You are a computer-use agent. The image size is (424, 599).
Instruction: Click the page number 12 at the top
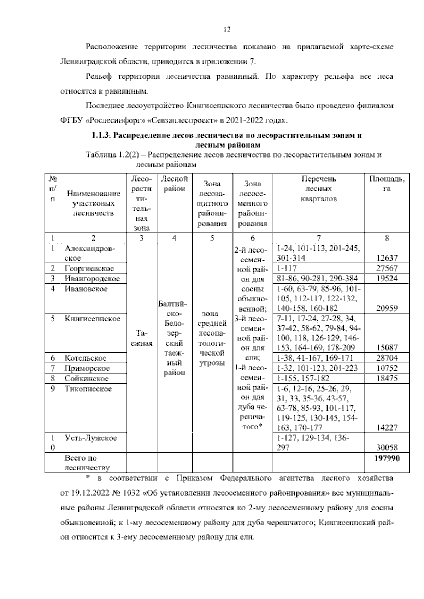(227, 30)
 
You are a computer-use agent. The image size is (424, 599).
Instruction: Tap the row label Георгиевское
(89, 268)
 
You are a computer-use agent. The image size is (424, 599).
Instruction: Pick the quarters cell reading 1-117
(287, 268)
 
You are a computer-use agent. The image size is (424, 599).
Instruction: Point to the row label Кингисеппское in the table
(92, 319)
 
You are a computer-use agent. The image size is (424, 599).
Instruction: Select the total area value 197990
(387, 458)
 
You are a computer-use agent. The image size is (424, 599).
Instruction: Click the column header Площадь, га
(387, 184)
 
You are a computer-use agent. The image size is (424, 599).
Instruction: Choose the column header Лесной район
(174, 184)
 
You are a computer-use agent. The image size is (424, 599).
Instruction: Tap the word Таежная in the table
(141, 338)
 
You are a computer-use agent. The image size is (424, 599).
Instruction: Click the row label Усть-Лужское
(90, 438)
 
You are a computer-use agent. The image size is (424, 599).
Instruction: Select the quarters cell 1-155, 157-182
(304, 379)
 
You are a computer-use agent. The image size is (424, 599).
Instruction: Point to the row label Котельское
(85, 358)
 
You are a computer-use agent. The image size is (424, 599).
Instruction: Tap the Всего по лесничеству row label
(87, 463)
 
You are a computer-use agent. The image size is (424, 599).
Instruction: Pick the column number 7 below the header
(318, 238)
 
